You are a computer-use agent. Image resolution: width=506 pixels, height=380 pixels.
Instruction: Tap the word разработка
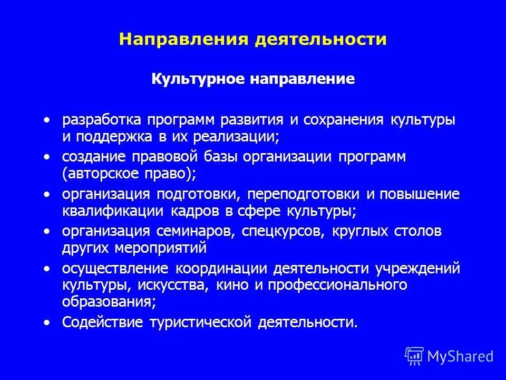pyautogui.click(x=102, y=121)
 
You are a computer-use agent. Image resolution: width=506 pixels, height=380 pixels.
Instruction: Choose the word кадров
pyautogui.click(x=196, y=211)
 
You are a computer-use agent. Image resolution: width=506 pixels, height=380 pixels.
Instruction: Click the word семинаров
pyautogui.click(x=199, y=232)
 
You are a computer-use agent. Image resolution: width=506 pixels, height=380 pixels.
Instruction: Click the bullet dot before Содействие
pyautogui.click(x=48, y=322)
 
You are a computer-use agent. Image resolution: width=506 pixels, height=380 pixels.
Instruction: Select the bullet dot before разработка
pyautogui.click(x=48, y=120)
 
